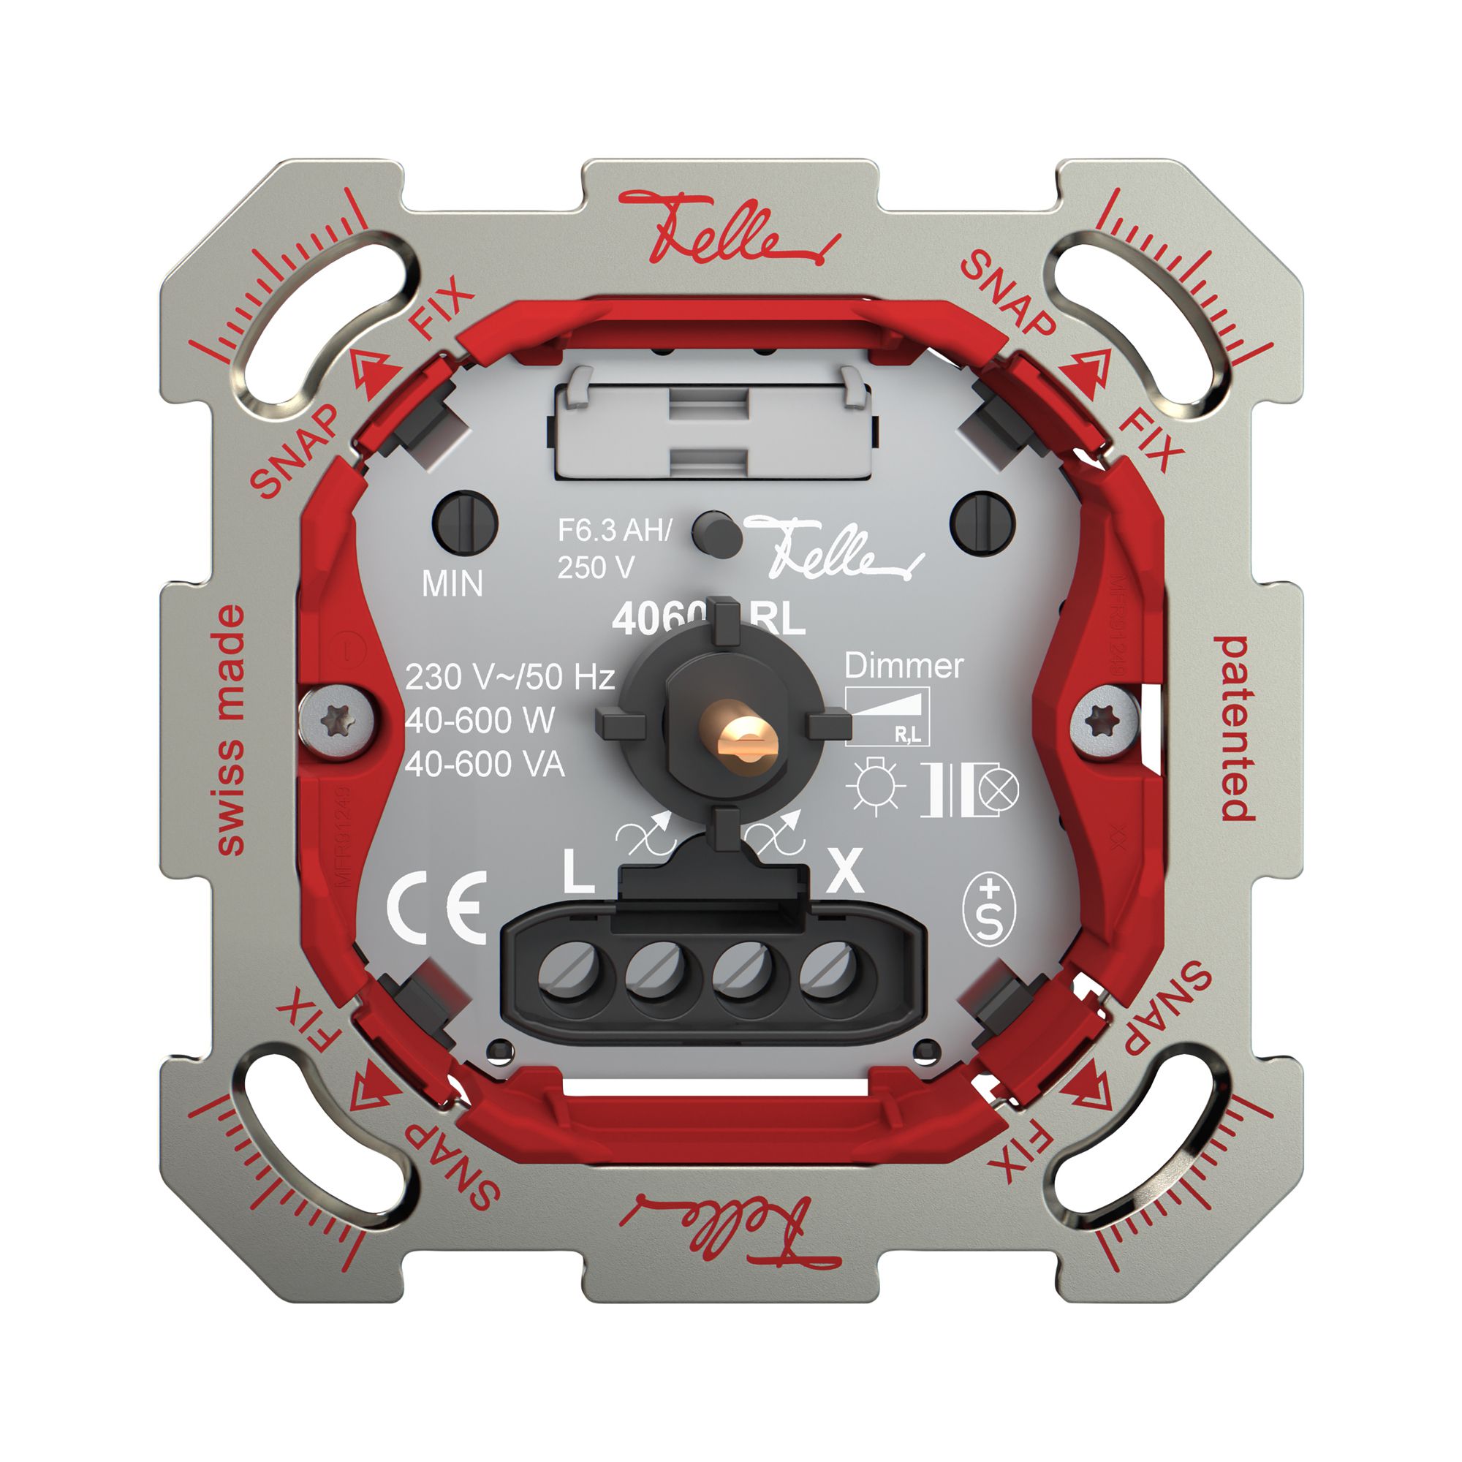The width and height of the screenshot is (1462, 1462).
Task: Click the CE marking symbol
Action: pos(436,907)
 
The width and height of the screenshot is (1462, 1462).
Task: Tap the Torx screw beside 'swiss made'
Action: pos(338,721)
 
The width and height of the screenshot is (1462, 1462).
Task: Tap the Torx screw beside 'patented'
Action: pos(1106,721)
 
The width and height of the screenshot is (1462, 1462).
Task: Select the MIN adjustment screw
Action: pos(465,523)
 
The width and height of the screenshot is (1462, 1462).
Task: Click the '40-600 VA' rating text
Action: pos(485,766)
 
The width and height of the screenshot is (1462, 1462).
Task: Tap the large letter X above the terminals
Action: pos(844,872)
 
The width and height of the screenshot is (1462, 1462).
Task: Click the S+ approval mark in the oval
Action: pos(988,910)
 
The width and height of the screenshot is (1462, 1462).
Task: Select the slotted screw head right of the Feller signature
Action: pos(982,523)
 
